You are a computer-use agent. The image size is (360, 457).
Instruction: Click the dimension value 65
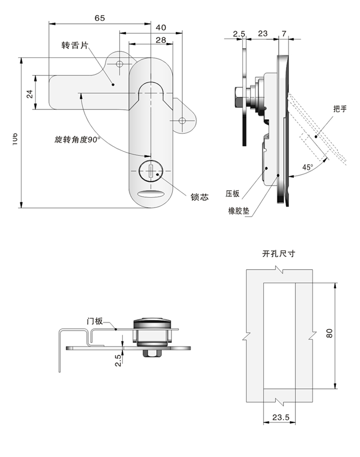click(x=100, y=18)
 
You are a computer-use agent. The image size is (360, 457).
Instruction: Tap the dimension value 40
click(x=161, y=27)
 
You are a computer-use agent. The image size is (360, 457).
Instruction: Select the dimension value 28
click(x=160, y=40)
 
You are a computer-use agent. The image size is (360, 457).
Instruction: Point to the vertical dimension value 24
click(x=29, y=94)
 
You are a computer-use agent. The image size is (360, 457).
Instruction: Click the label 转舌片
click(x=74, y=45)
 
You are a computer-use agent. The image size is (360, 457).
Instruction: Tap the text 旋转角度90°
click(x=77, y=139)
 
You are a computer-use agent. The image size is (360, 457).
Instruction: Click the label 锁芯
click(x=200, y=197)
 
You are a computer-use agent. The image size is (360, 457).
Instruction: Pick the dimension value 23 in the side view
click(x=262, y=33)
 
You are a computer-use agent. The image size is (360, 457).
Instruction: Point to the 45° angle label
click(x=307, y=167)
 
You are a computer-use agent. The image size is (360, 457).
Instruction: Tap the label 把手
click(x=340, y=109)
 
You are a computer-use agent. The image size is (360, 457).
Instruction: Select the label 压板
click(x=233, y=193)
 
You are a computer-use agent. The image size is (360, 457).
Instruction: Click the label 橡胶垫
click(x=239, y=211)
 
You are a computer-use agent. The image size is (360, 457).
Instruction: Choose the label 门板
click(x=95, y=321)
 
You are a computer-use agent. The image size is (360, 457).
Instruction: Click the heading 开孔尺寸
click(x=279, y=254)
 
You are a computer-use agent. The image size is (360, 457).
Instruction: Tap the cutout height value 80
click(x=329, y=333)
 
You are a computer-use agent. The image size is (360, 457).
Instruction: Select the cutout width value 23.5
click(x=281, y=417)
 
